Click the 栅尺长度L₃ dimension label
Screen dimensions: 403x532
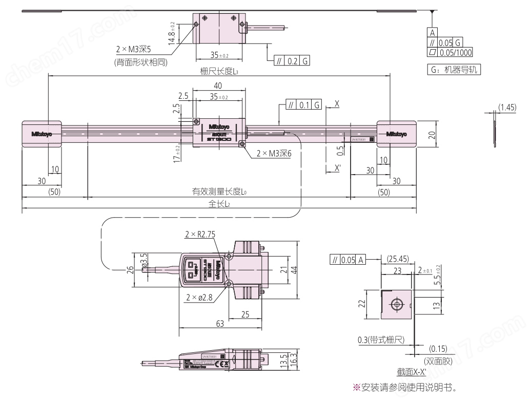tap(219, 72)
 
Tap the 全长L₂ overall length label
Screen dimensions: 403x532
tap(219, 203)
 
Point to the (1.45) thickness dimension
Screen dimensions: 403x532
tap(507, 108)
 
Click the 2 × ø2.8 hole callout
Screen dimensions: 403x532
tap(200, 298)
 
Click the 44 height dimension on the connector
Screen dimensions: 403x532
tap(295, 270)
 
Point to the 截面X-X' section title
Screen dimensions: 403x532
tap(407, 373)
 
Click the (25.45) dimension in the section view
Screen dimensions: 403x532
tap(398, 259)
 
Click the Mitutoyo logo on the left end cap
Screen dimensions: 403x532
tap(42, 134)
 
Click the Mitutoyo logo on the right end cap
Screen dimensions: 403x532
tap(397, 134)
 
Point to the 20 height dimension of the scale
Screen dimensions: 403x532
tap(432, 134)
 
